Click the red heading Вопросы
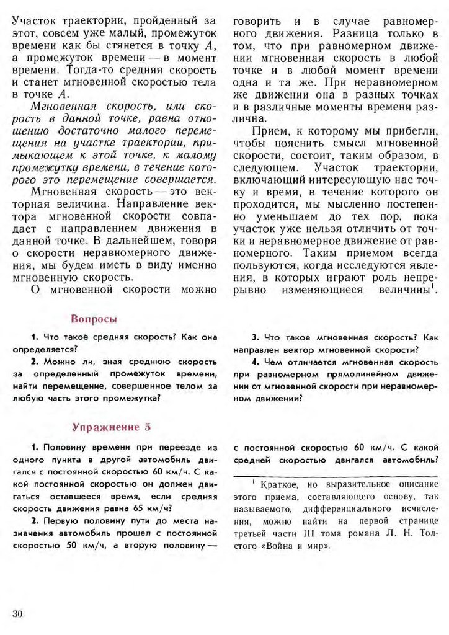pos(94,319)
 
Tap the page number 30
pos(17,613)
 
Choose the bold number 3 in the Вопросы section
pos(254,337)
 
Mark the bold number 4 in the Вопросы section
pos(254,362)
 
